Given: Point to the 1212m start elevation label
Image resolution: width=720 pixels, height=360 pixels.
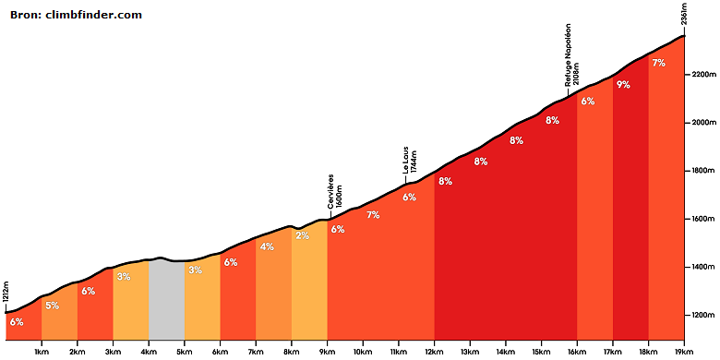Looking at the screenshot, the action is [5, 301].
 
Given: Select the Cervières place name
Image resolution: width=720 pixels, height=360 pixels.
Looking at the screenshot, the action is [331, 191].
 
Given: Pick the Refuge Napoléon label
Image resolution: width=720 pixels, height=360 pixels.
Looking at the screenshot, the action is [568, 55].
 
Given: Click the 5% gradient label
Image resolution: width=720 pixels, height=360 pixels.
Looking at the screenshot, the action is [53, 306].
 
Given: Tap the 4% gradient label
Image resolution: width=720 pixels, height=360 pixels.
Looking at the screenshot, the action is [267, 246].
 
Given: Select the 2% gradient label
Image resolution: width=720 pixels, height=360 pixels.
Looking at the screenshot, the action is [302, 235].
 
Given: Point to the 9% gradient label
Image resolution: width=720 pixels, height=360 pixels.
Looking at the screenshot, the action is [623, 85].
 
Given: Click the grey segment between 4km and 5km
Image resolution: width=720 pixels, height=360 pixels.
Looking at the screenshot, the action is [166, 298].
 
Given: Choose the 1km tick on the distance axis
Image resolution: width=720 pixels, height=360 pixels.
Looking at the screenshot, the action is [42, 354].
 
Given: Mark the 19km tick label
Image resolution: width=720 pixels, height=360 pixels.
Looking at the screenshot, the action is [684, 354].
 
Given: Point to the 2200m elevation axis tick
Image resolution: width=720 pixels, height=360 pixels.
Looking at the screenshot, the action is [701, 75].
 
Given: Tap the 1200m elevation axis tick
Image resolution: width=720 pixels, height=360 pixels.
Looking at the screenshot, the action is [701, 316].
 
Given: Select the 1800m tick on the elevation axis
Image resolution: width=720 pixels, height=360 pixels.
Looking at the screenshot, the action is [701, 171].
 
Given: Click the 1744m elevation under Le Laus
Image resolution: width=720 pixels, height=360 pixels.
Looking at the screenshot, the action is [414, 162].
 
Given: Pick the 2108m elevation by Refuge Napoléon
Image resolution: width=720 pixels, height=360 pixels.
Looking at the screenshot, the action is [576, 74].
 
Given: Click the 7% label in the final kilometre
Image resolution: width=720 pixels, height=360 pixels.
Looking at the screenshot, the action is [658, 64].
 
